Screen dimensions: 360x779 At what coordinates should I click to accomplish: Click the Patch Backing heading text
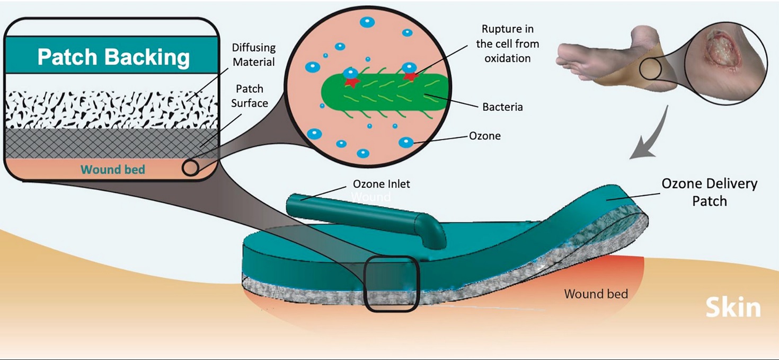(x=113, y=57)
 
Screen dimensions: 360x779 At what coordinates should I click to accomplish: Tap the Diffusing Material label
(x=254, y=55)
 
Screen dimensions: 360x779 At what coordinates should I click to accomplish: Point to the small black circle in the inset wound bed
(x=190, y=168)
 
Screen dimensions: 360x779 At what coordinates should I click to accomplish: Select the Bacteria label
(x=502, y=107)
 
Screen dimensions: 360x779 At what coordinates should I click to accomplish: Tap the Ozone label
(x=484, y=136)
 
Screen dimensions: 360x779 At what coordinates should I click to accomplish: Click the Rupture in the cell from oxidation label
(x=507, y=43)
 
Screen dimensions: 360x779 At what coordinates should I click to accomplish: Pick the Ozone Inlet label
(x=382, y=185)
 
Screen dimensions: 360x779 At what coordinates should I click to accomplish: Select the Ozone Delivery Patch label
(x=709, y=192)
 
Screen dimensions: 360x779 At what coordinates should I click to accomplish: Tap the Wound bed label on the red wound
(x=596, y=294)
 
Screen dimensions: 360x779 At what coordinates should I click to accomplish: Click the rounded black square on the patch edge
(x=392, y=284)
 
